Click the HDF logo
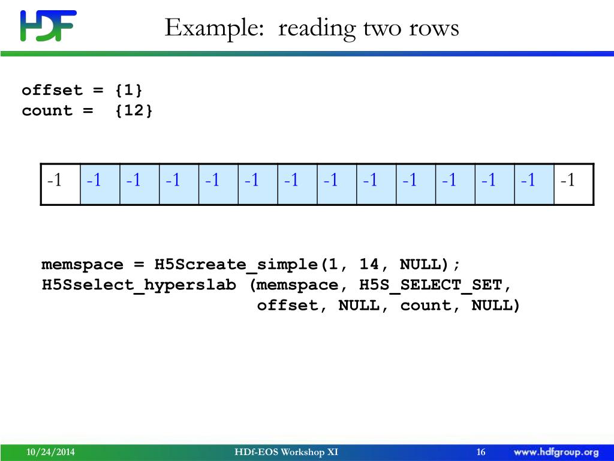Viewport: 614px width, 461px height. (x=48, y=26)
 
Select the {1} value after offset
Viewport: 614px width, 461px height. (x=129, y=91)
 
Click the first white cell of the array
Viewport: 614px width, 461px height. (x=61, y=180)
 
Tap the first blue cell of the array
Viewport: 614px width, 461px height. (x=100, y=180)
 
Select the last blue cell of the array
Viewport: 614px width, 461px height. (x=534, y=180)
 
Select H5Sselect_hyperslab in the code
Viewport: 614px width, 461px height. (x=139, y=285)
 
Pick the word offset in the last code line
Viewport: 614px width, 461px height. (x=288, y=306)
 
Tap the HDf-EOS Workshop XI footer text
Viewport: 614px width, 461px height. (x=287, y=452)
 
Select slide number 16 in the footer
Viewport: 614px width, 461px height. (x=481, y=452)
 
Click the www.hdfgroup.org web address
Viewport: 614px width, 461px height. (x=556, y=452)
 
